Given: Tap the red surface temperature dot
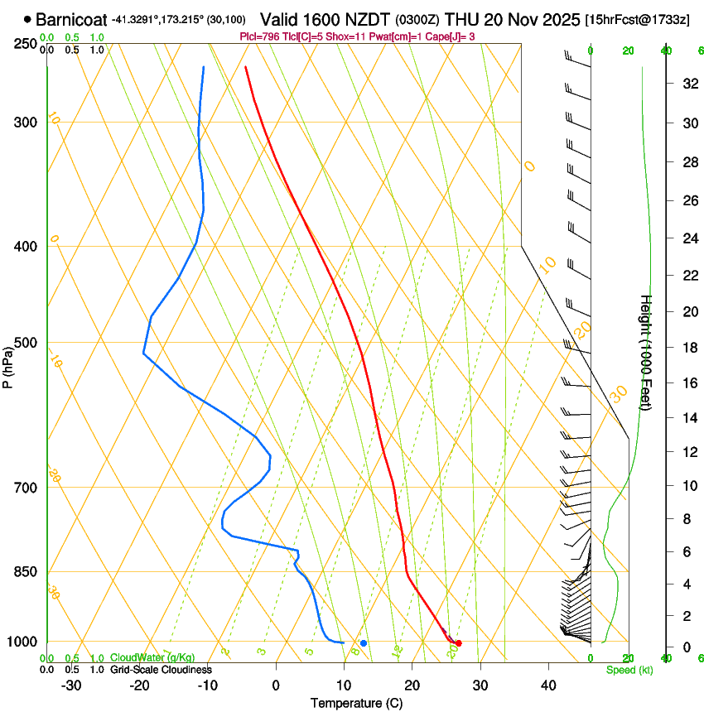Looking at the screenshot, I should (x=458, y=643).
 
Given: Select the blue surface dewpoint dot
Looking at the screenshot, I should (x=364, y=643).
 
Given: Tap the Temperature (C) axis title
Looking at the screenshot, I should (x=356, y=703).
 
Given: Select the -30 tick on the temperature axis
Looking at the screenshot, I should (x=71, y=685).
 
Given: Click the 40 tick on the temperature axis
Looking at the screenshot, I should (x=548, y=685).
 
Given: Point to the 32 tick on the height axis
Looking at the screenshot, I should (x=688, y=84).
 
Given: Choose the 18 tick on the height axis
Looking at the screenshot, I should (x=688, y=348).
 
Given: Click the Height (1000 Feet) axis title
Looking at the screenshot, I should (x=646, y=352).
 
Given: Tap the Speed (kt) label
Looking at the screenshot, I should (x=629, y=670).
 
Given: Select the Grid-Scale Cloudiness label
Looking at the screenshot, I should (x=161, y=669).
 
